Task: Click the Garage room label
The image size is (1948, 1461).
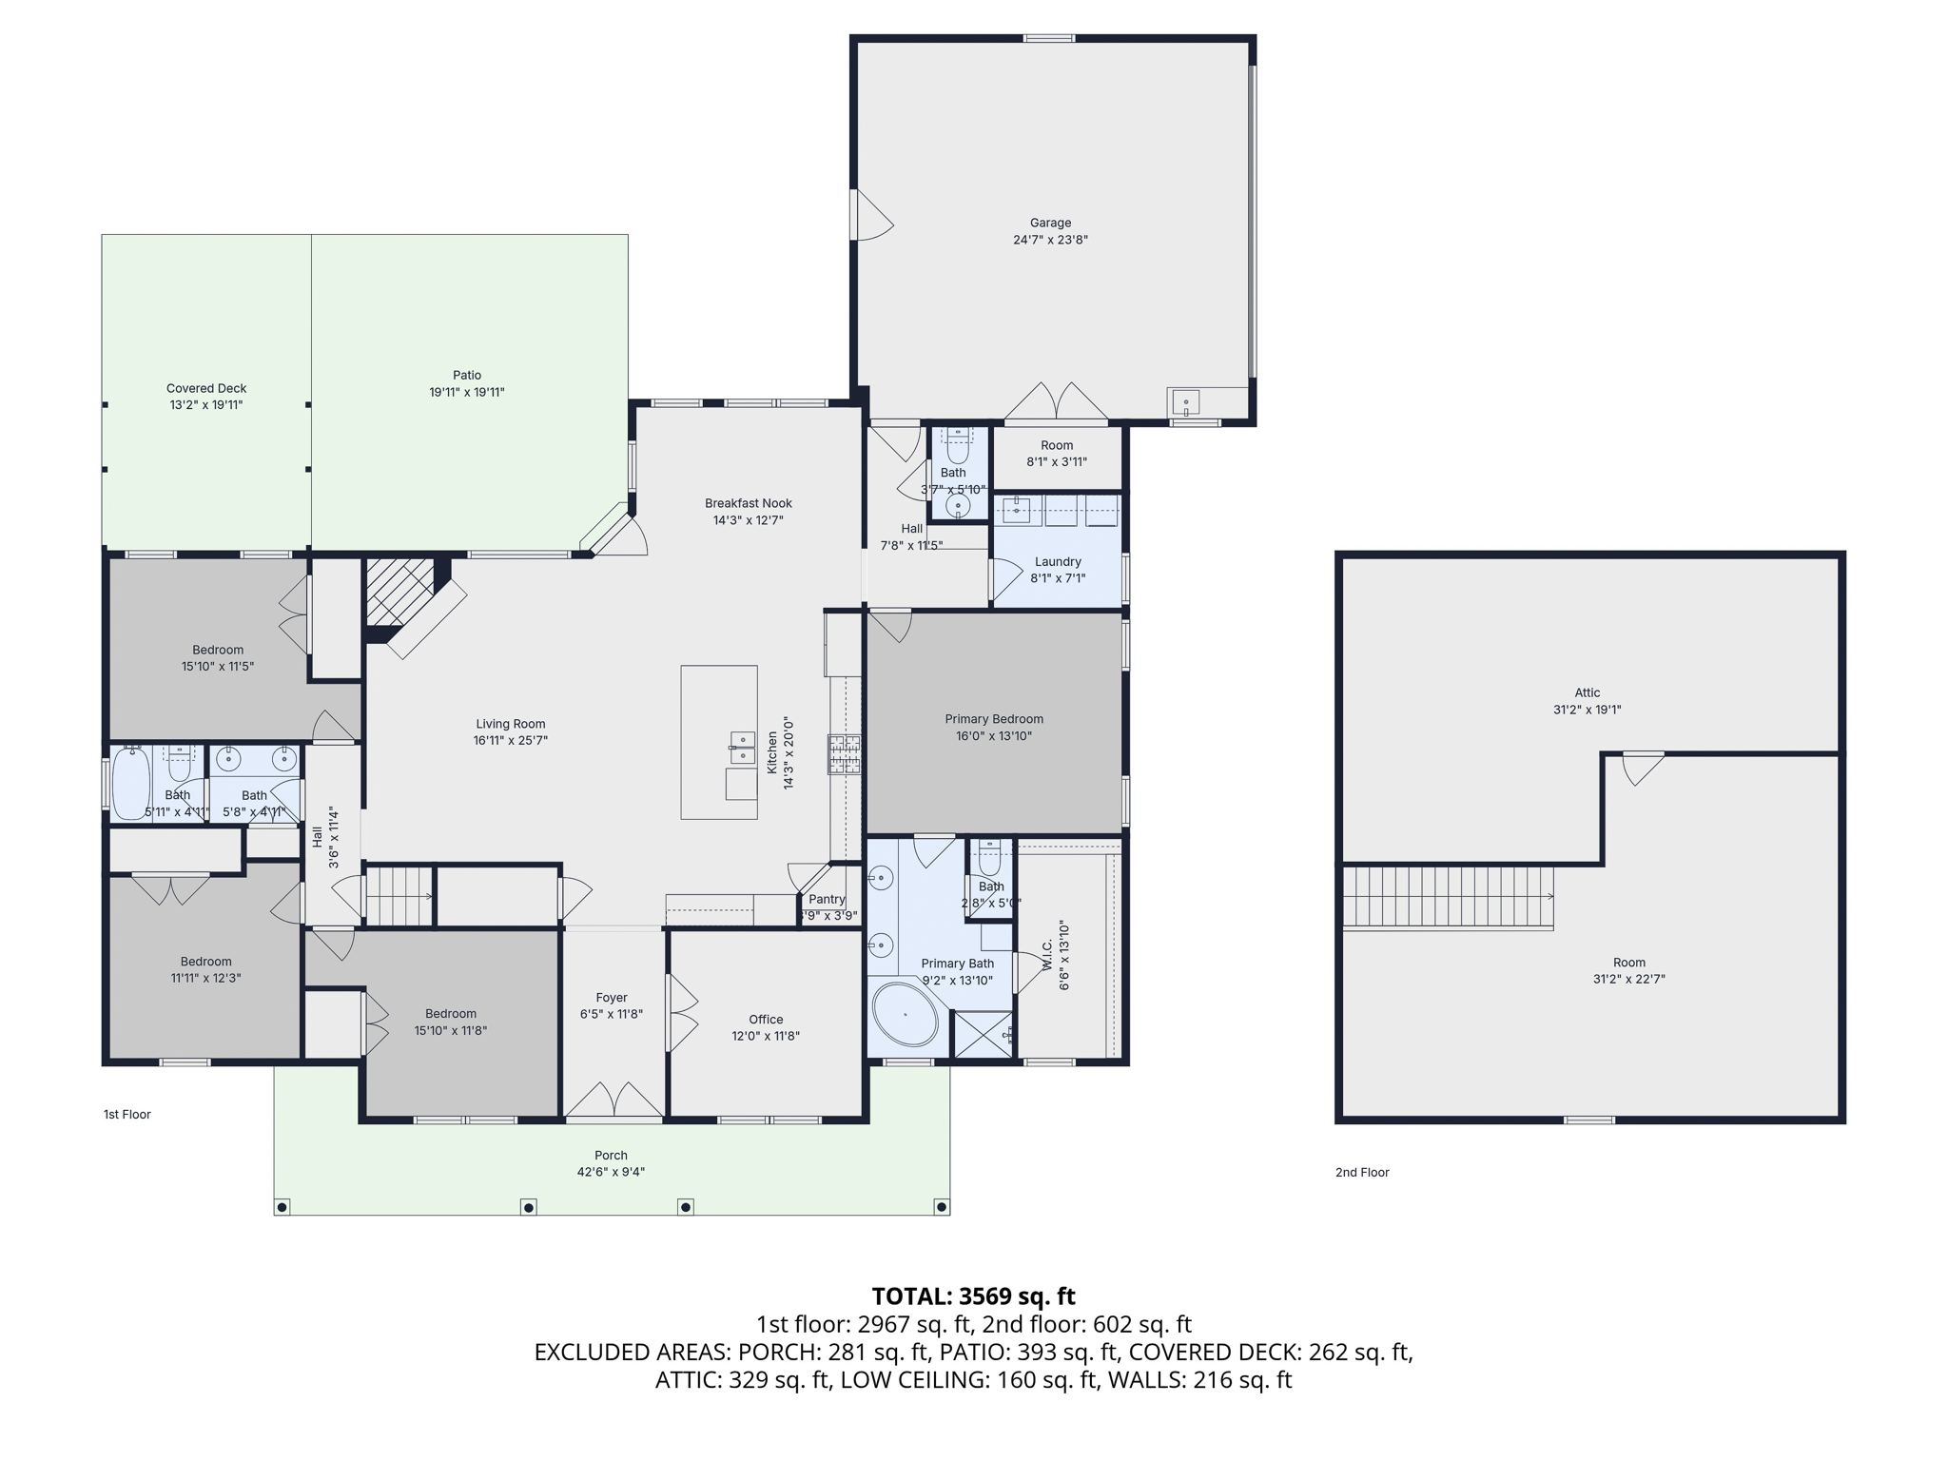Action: tap(1050, 223)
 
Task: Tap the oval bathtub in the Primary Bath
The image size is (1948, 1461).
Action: tap(906, 1016)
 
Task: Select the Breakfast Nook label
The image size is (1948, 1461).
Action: tap(749, 503)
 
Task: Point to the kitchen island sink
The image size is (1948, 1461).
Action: tap(743, 748)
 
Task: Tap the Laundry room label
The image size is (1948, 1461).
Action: tap(1058, 561)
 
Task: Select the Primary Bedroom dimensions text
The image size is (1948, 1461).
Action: tap(994, 735)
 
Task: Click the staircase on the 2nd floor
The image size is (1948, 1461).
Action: tap(1448, 897)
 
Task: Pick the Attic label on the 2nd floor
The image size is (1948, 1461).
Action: tap(1588, 692)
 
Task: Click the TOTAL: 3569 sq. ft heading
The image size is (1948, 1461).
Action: tap(974, 1295)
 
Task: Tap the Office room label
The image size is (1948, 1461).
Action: tap(766, 1019)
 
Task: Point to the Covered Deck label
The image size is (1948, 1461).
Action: tap(206, 388)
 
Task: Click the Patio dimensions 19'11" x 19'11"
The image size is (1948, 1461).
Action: tap(467, 392)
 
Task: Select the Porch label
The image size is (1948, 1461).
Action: tap(611, 1156)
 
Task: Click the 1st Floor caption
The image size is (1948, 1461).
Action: tap(127, 1114)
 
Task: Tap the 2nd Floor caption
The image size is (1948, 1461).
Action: tap(1362, 1172)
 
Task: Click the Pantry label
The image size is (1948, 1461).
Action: tap(827, 899)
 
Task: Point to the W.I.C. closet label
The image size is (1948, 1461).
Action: tap(1047, 955)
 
